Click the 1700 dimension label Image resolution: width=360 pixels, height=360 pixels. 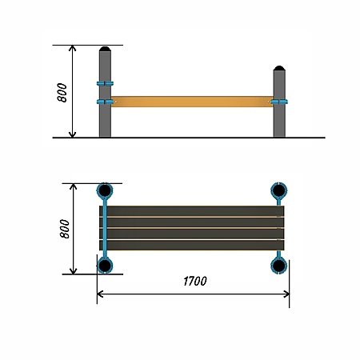(x=195, y=281)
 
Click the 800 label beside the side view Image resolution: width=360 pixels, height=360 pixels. (x=62, y=93)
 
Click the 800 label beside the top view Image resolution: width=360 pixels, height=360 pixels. (x=65, y=229)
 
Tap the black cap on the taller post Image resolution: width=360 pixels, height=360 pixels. (x=105, y=49)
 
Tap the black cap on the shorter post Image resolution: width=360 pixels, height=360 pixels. (x=279, y=68)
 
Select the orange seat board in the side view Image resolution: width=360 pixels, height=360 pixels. (x=192, y=102)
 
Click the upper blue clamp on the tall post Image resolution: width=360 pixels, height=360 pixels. (x=105, y=83)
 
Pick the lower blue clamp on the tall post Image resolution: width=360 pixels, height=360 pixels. (x=105, y=102)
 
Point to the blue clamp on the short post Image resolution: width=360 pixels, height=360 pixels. (x=279, y=102)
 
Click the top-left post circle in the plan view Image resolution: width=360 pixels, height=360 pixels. (x=105, y=190)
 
